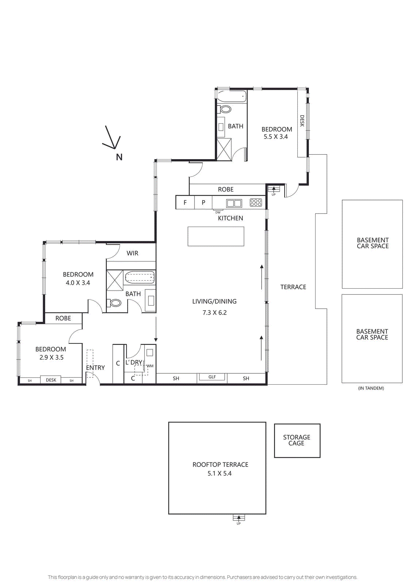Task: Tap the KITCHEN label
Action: pos(230,218)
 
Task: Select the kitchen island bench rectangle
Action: pos(216,237)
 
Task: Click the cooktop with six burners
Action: pos(256,203)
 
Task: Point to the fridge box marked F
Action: pos(185,203)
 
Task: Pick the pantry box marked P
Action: pos(203,203)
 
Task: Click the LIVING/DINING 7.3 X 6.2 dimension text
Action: pos(215,312)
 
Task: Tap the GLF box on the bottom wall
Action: pos(212,377)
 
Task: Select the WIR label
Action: pos(132,253)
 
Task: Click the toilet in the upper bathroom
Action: pos(225,109)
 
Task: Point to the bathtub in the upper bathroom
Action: pos(232,97)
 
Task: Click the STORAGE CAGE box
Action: pos(297,441)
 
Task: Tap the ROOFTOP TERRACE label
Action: pos(220,465)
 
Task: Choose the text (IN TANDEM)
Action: pos(371,388)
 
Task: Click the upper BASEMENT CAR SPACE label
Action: pos(373,243)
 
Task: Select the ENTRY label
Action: pos(96,368)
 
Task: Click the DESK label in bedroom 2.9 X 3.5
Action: pos(51,380)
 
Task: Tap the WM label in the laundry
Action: pos(150,366)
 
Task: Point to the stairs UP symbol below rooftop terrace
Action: pos(239,518)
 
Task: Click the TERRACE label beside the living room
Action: pos(293,287)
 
